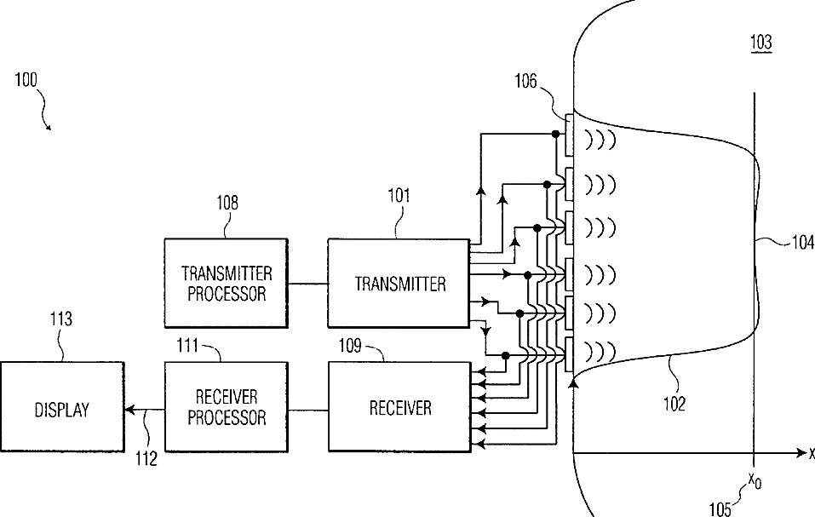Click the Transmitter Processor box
click(x=226, y=283)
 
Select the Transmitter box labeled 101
click(x=399, y=283)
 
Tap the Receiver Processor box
click(x=226, y=407)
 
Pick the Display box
click(x=62, y=407)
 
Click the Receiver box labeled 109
click(x=399, y=407)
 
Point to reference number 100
click(x=26, y=80)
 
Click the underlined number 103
click(x=761, y=42)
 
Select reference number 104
click(x=803, y=242)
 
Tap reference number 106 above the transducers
click(x=525, y=81)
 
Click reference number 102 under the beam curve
click(x=674, y=404)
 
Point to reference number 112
click(x=146, y=459)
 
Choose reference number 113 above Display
click(x=60, y=319)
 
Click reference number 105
click(x=720, y=508)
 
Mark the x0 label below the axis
click(x=755, y=480)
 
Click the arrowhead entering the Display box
click(x=129, y=410)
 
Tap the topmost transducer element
click(x=569, y=135)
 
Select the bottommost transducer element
click(x=569, y=355)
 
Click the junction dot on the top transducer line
click(x=555, y=134)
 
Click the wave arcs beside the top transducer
click(x=600, y=139)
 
